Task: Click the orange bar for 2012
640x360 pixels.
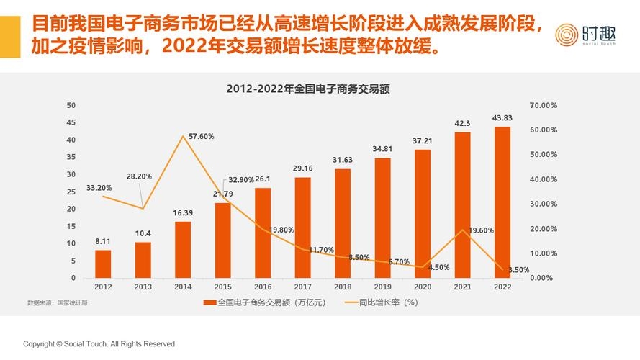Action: pyautogui.click(x=103, y=264)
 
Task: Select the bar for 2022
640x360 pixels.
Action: pyautogui.click(x=502, y=202)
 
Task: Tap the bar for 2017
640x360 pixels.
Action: pyautogui.click(x=302, y=228)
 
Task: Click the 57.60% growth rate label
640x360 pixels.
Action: pyautogui.click(x=201, y=136)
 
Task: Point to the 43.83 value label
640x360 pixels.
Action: pyautogui.click(x=502, y=118)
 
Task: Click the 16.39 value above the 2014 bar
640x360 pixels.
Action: pyautogui.click(x=183, y=213)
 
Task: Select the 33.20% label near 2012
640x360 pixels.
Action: pyautogui.click(x=99, y=188)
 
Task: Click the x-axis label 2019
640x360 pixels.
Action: pyautogui.click(x=382, y=287)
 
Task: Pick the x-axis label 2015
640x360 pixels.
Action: pyautogui.click(x=222, y=287)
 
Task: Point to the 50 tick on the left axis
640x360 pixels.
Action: pyautogui.click(x=71, y=105)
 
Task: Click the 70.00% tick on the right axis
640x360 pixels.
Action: pyautogui.click(x=544, y=105)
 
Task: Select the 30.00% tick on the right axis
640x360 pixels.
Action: pyautogui.click(x=544, y=204)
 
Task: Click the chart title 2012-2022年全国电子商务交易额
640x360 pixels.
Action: pyautogui.click(x=307, y=90)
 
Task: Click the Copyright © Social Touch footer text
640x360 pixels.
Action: pyautogui.click(x=99, y=344)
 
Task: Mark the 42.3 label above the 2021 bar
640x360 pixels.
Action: pyautogui.click(x=462, y=123)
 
